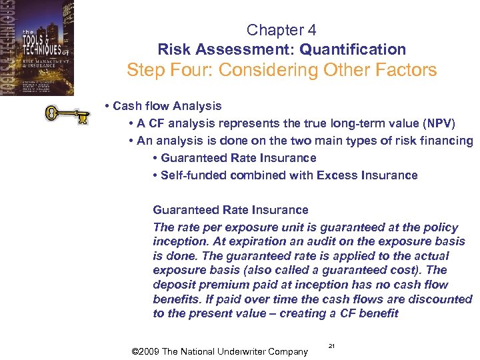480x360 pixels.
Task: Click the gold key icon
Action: tap(66, 114)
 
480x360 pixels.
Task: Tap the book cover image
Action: tap(37, 48)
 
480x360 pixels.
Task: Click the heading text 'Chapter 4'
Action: tap(281, 30)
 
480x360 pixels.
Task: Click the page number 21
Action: tap(332, 345)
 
